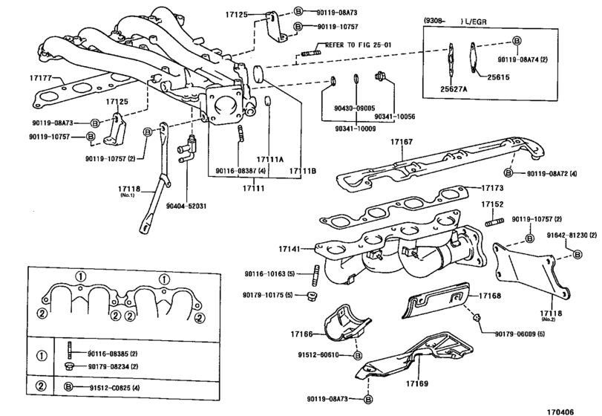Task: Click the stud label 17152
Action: pyautogui.click(x=491, y=204)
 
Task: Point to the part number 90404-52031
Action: pyautogui.click(x=186, y=206)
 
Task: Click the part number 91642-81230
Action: pyautogui.click(x=572, y=235)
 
